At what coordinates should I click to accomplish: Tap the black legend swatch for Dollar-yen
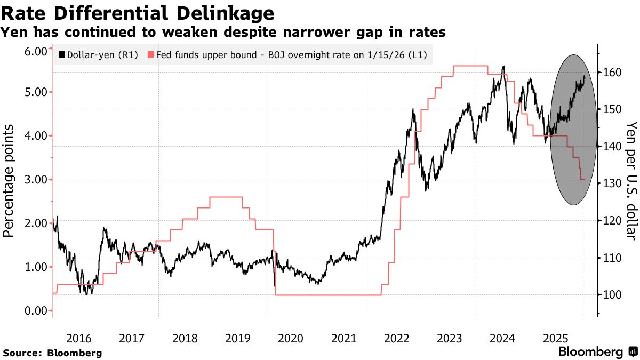61,54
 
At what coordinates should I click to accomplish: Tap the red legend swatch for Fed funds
151,54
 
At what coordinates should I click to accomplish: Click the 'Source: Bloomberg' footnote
52,353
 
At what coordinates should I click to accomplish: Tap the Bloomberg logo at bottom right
597,352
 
